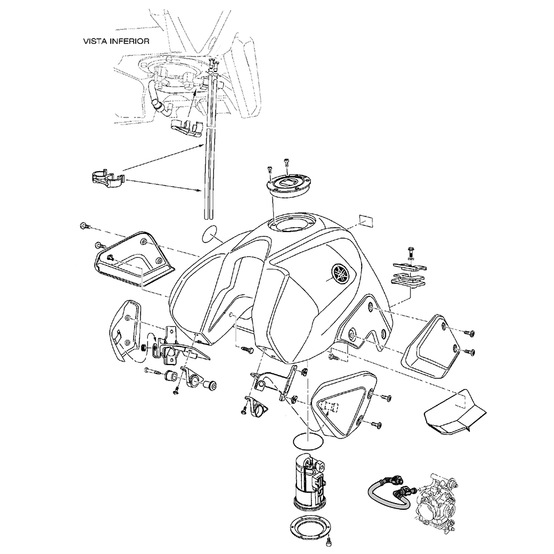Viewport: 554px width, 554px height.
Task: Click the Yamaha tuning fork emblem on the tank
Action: pyautogui.click(x=338, y=273)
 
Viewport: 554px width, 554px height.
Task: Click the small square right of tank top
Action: pyautogui.click(x=366, y=219)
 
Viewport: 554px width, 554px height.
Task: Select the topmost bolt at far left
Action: pyautogui.click(x=85, y=226)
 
